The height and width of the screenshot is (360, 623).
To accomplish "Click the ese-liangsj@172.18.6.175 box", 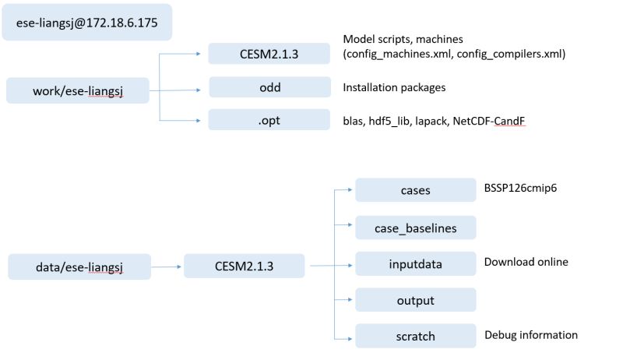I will coord(87,23).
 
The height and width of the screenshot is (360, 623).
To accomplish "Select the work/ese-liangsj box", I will coord(76,90).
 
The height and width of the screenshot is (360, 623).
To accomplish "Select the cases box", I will coord(415,190).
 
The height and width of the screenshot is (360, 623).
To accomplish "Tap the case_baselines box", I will coord(415,228).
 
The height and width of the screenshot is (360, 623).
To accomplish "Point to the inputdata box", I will coord(415,264).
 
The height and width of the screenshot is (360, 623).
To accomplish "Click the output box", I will coord(415,300).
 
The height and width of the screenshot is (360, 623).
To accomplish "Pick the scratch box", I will coord(415,337).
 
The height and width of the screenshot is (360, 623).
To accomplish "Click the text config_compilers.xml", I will coord(512,54).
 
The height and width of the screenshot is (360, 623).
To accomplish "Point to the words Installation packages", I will coord(394,87).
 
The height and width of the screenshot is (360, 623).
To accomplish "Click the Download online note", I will coord(526,262).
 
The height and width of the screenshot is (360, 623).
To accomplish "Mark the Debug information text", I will coord(530,335).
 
